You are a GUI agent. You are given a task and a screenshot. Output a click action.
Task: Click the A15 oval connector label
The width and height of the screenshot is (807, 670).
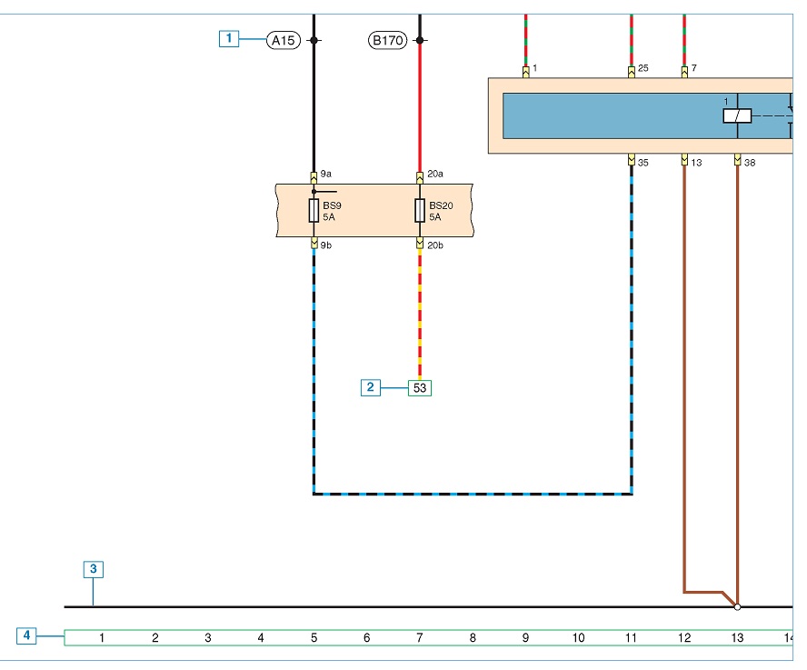coord(283,40)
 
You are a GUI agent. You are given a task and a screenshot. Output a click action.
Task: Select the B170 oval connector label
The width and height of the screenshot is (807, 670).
coord(387,40)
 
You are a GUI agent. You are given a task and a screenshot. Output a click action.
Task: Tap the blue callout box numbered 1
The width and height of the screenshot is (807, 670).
coord(229,38)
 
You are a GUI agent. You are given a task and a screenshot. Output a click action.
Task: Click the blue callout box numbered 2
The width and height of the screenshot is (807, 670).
coord(371,387)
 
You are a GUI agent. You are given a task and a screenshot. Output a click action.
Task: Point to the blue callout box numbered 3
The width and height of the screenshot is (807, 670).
coord(94,569)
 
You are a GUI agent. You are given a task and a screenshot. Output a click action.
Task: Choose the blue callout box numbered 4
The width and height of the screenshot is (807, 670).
coord(26,635)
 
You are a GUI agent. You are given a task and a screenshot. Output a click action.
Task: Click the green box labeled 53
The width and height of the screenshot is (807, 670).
coord(420,388)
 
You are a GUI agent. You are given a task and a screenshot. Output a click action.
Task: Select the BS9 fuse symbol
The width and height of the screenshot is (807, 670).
coord(314,211)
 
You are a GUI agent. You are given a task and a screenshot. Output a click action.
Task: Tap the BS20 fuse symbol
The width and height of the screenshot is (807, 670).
coord(420,211)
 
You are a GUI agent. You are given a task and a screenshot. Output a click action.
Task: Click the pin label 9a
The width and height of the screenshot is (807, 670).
coord(325,174)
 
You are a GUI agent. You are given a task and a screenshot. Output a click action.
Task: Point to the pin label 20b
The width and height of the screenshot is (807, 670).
coord(435,245)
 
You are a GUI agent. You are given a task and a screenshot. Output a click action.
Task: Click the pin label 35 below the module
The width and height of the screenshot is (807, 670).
coord(643,163)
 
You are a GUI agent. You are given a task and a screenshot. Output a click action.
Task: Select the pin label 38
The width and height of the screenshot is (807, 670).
coord(750,163)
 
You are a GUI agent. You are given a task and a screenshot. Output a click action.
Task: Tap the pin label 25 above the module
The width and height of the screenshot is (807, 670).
coord(643,68)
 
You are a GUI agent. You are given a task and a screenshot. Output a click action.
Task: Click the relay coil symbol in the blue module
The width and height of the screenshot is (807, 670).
coord(737,115)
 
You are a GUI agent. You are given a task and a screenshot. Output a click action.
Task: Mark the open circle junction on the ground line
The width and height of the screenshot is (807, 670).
coord(737,607)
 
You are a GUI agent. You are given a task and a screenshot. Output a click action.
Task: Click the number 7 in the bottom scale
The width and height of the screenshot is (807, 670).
coord(420,637)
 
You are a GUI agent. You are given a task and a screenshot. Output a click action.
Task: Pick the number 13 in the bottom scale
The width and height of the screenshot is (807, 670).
coord(737,637)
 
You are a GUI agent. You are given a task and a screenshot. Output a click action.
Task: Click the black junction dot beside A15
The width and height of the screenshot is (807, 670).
coord(314,40)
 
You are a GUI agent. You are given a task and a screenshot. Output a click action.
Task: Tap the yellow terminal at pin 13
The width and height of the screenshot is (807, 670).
coord(684,160)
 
